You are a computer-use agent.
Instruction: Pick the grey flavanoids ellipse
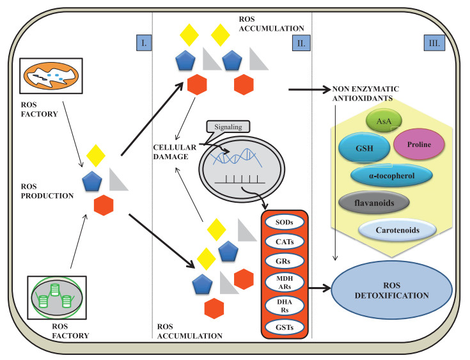coord(373,203)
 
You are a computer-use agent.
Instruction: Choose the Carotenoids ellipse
coord(398,230)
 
